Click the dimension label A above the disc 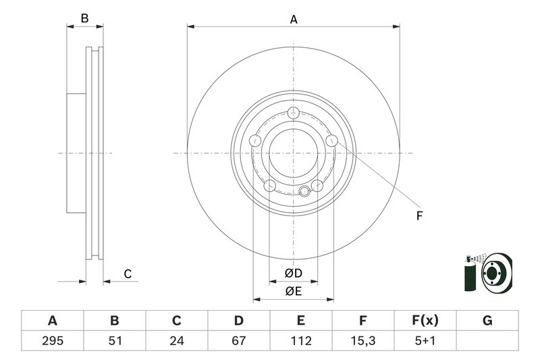[x=294, y=20]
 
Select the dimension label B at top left [x=84, y=19]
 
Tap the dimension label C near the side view [x=127, y=274]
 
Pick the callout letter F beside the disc [x=418, y=216]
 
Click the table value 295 [x=53, y=341]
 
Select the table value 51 [x=115, y=341]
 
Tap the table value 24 [x=177, y=341]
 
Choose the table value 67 [x=239, y=341]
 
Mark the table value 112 [x=301, y=341]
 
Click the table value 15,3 [x=363, y=341]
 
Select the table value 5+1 [x=425, y=341]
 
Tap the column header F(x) [x=425, y=321]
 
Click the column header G [x=487, y=321]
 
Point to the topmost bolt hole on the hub [x=293, y=113]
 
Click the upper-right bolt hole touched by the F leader [x=331, y=140]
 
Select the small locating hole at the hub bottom [x=304, y=191]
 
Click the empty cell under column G [x=487, y=341]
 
